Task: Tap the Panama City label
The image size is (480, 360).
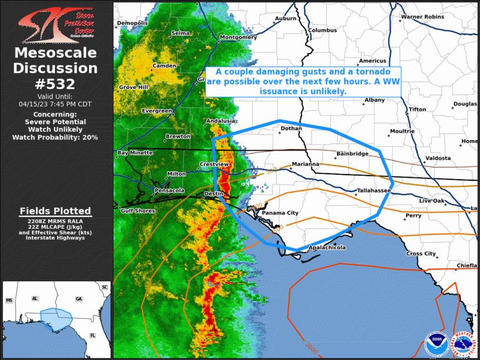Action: click(280, 213)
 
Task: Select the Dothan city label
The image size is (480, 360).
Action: click(291, 128)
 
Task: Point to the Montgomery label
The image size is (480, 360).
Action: click(238, 37)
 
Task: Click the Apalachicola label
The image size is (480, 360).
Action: click(327, 248)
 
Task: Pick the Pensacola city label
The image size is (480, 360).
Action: click(169, 190)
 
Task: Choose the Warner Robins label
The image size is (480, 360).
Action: click(422, 17)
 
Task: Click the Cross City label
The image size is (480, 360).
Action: click(421, 254)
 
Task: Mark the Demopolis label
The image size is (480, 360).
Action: click(131, 23)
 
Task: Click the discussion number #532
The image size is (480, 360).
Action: click(56, 83)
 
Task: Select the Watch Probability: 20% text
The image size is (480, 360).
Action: click(55, 137)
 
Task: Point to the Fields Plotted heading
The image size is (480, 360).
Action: click(55, 211)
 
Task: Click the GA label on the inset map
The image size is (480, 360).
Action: click(79, 299)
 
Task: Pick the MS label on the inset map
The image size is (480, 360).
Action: click(9, 300)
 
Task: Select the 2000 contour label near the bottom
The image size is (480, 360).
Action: click(312, 346)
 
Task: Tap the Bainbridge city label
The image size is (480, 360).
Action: click(352, 154)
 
